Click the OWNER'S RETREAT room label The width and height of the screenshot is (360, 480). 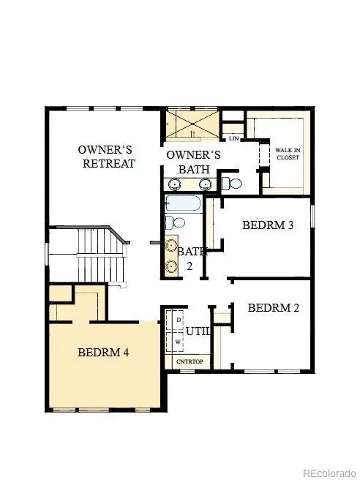click(x=107, y=157)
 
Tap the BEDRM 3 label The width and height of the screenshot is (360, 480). click(x=268, y=225)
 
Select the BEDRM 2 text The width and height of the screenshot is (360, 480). click(x=273, y=308)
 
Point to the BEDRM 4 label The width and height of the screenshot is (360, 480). click(x=103, y=352)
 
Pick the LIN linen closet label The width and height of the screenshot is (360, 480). click(x=234, y=138)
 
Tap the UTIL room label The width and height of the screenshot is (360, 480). click(x=198, y=331)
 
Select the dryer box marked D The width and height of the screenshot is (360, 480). click(x=178, y=320)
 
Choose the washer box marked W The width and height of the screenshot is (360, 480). click(x=178, y=341)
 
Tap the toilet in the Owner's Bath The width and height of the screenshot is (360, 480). click(x=232, y=183)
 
